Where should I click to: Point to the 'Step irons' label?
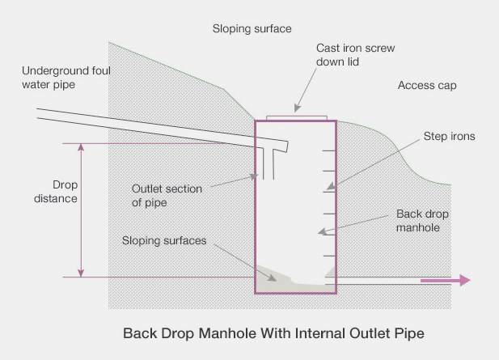[449, 137]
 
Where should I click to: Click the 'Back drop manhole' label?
[423, 221]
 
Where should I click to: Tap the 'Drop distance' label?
[60, 191]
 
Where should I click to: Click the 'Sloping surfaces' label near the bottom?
[164, 240]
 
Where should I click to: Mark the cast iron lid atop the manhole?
[295, 118]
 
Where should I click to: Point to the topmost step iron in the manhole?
[328, 150]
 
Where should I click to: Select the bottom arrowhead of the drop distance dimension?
[81, 273]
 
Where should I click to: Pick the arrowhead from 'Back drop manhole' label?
[322, 233]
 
